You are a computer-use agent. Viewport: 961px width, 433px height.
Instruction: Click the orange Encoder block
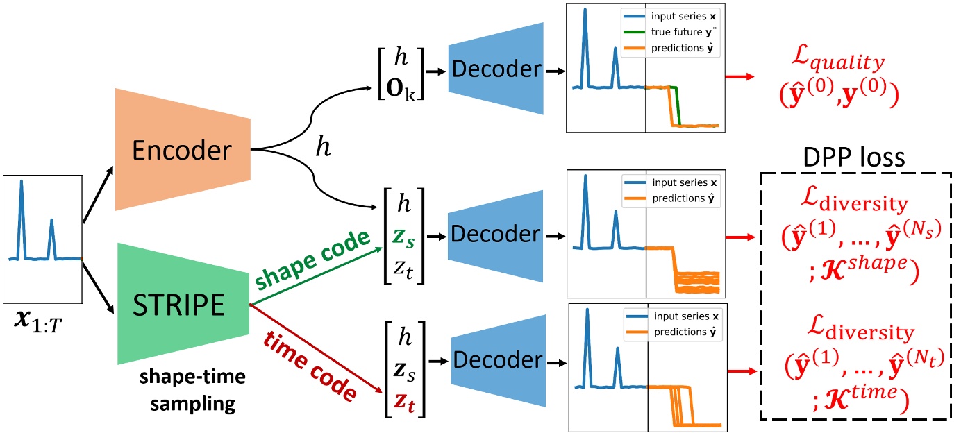coord(182,148)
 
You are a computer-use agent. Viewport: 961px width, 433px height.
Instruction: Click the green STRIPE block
coord(182,303)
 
